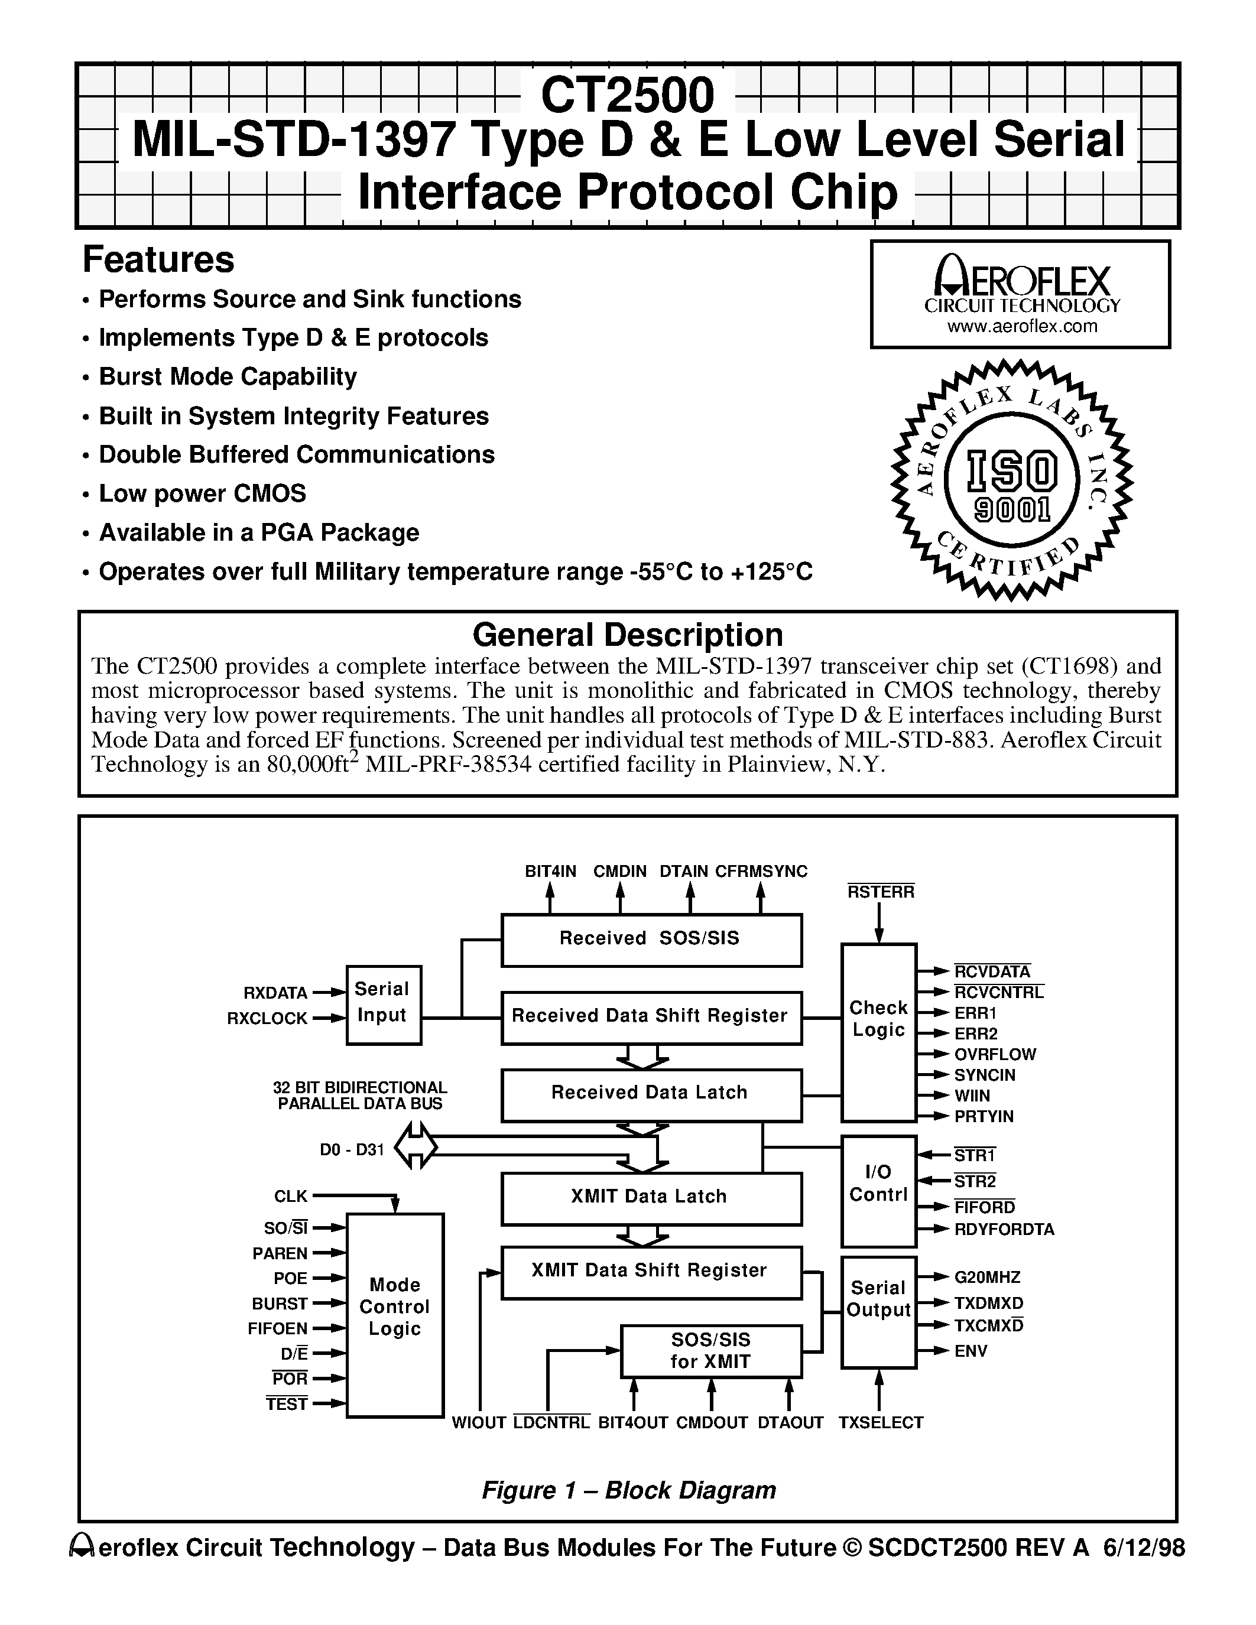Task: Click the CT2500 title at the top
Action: click(627, 95)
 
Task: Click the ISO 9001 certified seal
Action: click(1011, 480)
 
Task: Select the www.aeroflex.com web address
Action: click(1021, 327)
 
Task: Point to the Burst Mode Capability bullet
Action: click(228, 376)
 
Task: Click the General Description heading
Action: click(627, 635)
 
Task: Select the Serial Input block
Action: click(383, 1004)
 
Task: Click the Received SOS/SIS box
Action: click(651, 939)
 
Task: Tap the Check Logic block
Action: click(878, 1031)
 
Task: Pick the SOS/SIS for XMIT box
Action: click(710, 1350)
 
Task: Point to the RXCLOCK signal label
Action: click(267, 1019)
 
